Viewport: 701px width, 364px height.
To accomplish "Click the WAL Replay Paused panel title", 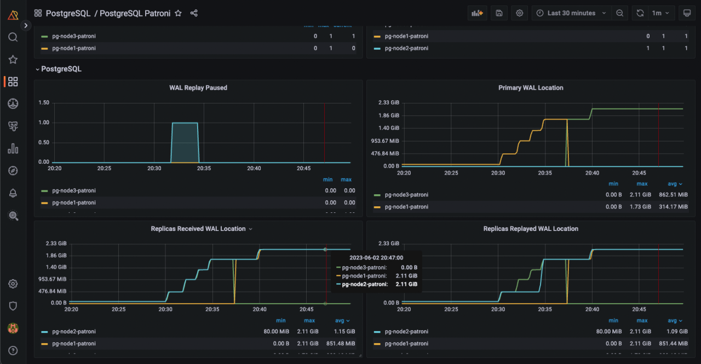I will click(198, 88).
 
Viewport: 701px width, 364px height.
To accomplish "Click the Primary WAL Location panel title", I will click(530, 88).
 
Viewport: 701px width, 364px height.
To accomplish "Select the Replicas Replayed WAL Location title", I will click(530, 229).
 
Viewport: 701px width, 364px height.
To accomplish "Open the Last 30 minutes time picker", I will click(571, 13).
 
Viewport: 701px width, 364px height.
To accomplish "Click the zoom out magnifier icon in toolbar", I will click(619, 13).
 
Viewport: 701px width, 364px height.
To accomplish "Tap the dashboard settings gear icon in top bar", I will click(519, 13).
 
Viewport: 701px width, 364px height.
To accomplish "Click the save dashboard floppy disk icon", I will click(499, 13).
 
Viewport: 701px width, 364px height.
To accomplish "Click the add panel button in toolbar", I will click(477, 13).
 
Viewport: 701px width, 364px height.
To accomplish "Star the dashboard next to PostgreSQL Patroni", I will click(178, 13).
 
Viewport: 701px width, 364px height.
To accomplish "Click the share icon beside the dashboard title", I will click(194, 13).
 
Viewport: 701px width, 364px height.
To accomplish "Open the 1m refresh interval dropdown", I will click(660, 13).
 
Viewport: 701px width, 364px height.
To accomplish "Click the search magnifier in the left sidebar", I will click(13, 37).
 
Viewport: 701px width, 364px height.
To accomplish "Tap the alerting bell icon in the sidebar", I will click(13, 193).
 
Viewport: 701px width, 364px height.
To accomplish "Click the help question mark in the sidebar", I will click(13, 350).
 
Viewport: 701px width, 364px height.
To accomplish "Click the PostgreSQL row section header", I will click(61, 69).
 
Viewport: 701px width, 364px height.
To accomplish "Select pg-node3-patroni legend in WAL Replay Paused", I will click(74, 190).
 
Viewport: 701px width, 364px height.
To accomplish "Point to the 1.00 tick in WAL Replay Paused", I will click(44, 123).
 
